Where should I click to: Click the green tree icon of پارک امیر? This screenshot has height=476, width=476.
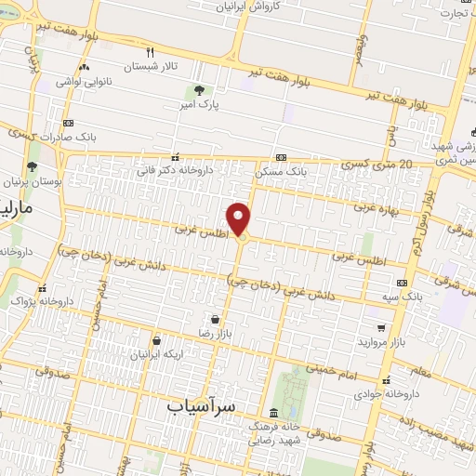[198, 90]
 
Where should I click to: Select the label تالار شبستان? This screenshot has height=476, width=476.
[151, 67]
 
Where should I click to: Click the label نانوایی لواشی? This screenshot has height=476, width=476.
[84, 82]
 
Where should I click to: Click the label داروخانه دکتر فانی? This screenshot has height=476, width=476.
[175, 171]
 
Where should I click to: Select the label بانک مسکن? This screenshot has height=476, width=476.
[284, 172]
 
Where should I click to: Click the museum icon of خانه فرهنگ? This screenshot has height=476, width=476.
[272, 412]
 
